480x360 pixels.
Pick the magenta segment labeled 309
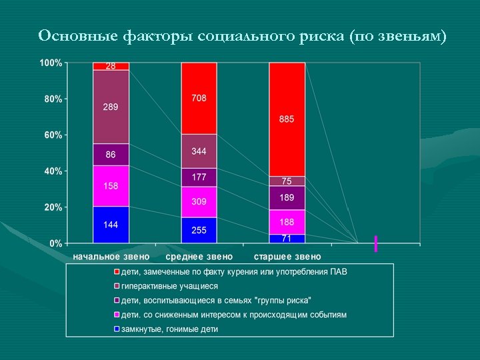click(199, 202)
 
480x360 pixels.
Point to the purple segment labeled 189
click(287, 198)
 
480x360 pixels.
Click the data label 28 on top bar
click(111, 66)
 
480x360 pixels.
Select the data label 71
click(287, 238)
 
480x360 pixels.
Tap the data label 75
click(287, 181)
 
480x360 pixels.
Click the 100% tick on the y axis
click(51, 63)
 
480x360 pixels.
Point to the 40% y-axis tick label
click(53, 171)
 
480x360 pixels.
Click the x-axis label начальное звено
click(111, 257)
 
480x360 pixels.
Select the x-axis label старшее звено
click(287, 257)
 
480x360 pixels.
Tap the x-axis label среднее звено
click(199, 257)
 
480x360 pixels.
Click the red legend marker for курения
click(116, 272)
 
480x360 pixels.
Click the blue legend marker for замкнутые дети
click(116, 329)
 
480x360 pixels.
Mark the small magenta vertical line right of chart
click(376, 243)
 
